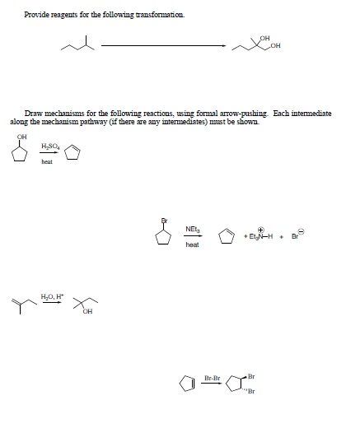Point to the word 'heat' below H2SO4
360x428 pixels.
point(47,162)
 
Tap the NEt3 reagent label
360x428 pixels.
point(192,229)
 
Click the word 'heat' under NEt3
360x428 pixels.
point(192,244)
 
